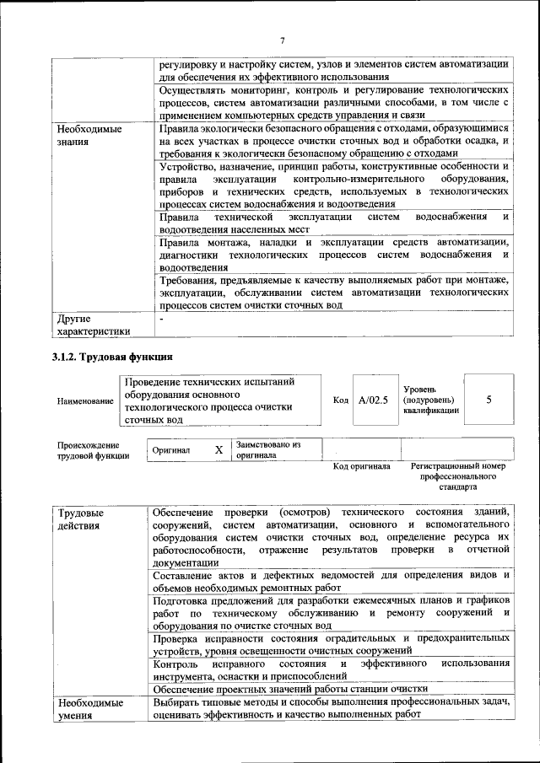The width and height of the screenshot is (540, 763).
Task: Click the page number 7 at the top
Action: (282, 40)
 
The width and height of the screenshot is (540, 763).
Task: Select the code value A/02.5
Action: (372, 400)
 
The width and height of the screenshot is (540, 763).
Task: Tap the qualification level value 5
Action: (489, 400)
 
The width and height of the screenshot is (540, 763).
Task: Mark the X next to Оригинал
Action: (219, 450)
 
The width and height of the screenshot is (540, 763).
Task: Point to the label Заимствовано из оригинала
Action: (268, 449)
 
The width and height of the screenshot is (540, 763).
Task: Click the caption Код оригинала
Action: (361, 466)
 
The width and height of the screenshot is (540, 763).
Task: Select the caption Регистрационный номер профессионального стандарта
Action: (457, 476)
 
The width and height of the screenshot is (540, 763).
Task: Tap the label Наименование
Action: (84, 400)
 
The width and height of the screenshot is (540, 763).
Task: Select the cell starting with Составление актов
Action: (331, 581)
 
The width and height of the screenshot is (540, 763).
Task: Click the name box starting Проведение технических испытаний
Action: (221, 400)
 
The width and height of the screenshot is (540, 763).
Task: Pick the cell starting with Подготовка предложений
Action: (331, 612)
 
